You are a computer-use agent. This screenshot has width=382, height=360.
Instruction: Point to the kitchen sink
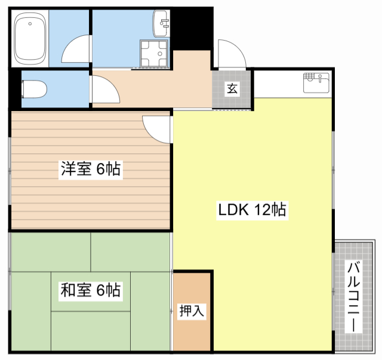point(316,82)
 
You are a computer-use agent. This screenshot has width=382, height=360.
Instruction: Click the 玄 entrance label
point(232,89)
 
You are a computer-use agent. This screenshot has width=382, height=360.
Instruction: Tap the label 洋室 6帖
point(90,170)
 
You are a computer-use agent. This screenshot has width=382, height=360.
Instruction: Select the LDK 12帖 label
point(251,210)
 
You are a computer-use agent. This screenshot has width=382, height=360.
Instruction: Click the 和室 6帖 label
point(90,291)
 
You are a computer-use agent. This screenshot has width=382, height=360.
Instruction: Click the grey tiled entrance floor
point(232,99)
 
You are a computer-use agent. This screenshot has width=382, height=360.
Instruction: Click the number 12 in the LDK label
point(263,210)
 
